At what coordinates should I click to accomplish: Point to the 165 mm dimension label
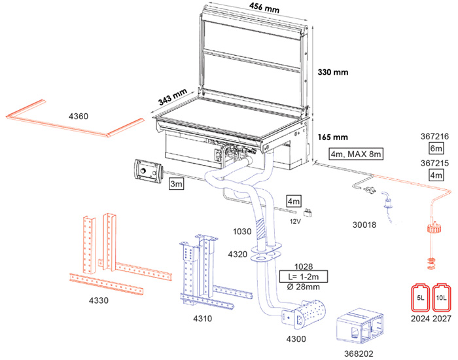tap(333, 138)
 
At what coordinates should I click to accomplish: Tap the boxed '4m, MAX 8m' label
tap(356, 154)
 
